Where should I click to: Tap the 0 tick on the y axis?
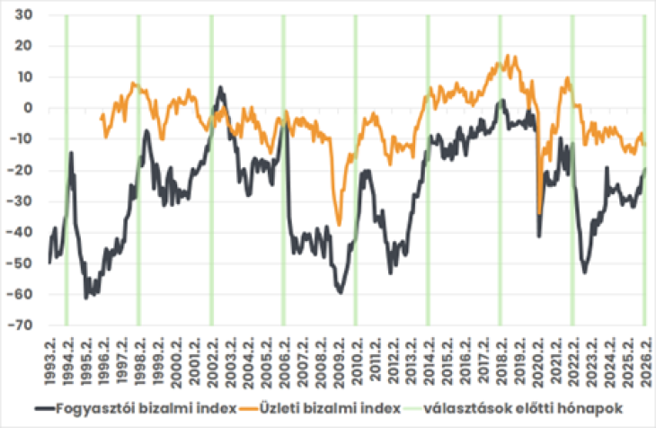coord(28,108)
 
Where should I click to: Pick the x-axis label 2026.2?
coord(644,357)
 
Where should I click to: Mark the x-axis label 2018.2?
coord(500,357)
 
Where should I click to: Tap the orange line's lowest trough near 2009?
coord(339,224)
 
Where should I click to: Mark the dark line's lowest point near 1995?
coord(86,298)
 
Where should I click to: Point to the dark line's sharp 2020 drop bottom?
coord(539,236)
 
